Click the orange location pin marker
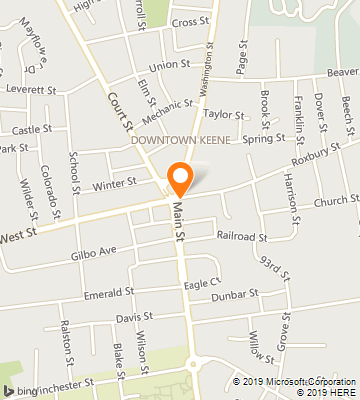click(x=180, y=178)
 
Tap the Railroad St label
click(x=242, y=236)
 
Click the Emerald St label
click(x=108, y=293)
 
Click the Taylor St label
click(x=224, y=115)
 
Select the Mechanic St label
click(x=167, y=103)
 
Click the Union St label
click(x=169, y=64)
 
